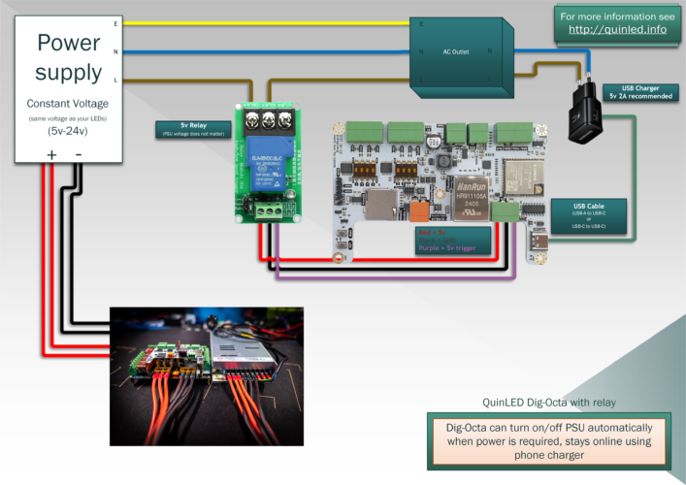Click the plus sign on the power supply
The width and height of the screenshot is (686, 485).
(x=50, y=154)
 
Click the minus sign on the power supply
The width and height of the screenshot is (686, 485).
(x=80, y=154)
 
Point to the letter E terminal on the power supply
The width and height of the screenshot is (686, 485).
(x=115, y=22)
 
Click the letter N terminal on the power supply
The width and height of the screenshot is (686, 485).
(x=115, y=51)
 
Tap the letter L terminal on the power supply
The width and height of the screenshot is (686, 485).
(x=115, y=80)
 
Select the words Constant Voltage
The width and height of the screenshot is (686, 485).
(x=68, y=104)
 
